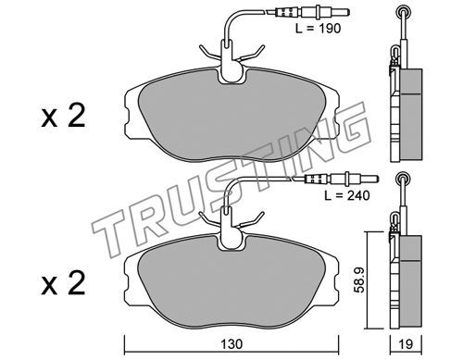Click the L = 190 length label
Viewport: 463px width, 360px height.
(x=318, y=29)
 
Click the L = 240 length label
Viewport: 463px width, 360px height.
(x=346, y=195)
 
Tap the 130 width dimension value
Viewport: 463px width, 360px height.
(x=231, y=344)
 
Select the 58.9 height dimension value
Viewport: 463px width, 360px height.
(x=359, y=279)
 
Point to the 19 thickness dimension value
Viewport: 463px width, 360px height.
(x=406, y=344)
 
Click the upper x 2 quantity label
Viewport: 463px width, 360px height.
(x=63, y=117)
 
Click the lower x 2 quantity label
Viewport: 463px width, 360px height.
(x=63, y=284)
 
